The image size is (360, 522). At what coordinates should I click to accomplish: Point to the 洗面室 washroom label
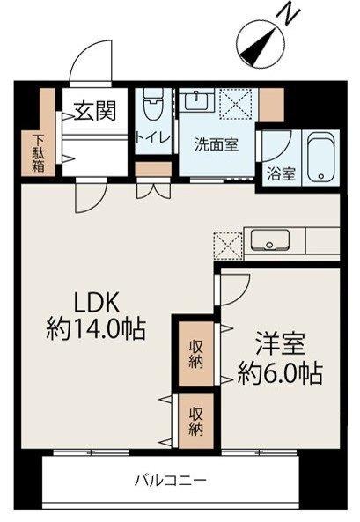[x=215, y=146]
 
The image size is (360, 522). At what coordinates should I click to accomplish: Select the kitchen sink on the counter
[x=267, y=239]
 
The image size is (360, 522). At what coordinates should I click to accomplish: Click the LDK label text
[x=93, y=303]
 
